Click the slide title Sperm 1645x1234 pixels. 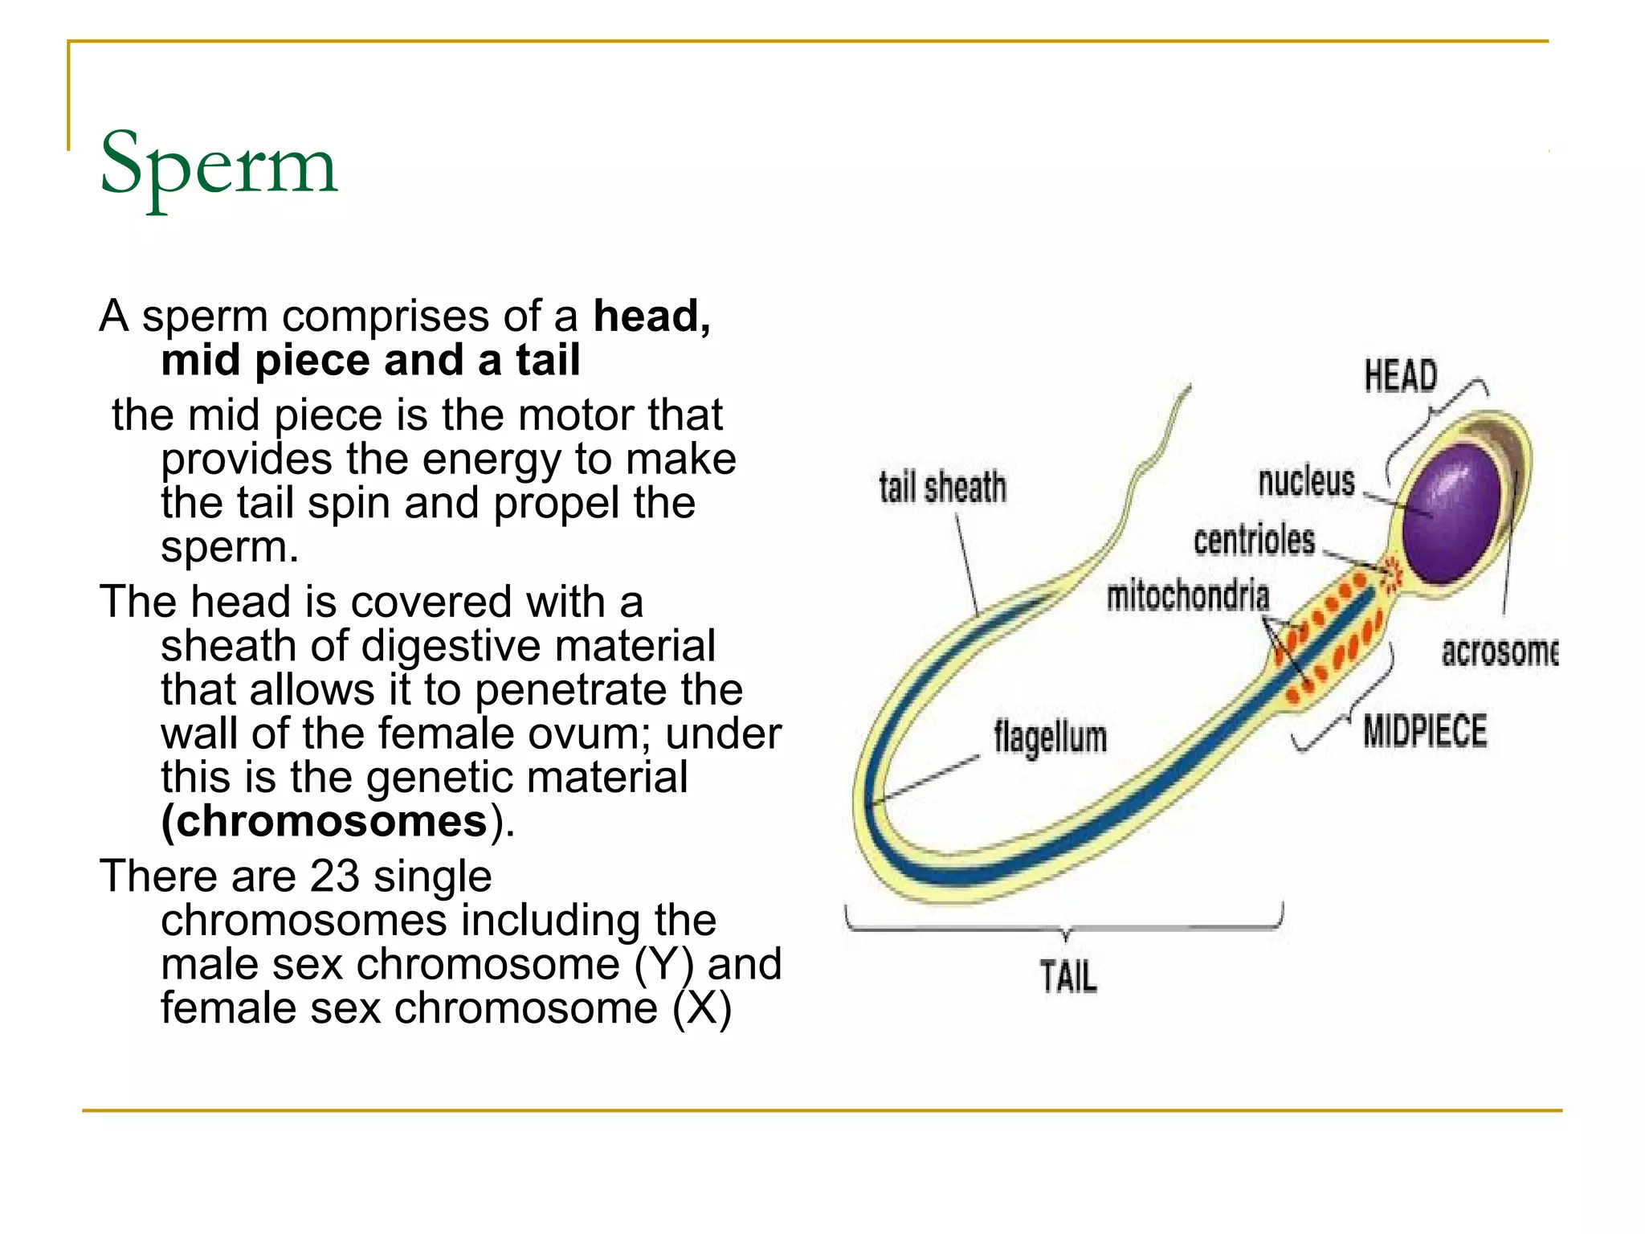(x=218, y=165)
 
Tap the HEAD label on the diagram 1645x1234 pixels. (x=1400, y=376)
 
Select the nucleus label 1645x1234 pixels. (x=1306, y=481)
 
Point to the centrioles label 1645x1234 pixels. (x=1254, y=541)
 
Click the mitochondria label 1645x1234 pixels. (x=1187, y=596)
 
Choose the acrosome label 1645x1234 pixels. (x=1499, y=652)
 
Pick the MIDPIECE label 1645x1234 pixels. (x=1425, y=731)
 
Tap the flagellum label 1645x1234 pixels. (x=1050, y=737)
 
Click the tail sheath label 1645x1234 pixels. (x=942, y=488)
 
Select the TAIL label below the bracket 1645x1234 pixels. (x=1068, y=977)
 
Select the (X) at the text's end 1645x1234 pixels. (x=702, y=1008)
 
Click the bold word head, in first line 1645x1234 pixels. (x=651, y=316)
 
